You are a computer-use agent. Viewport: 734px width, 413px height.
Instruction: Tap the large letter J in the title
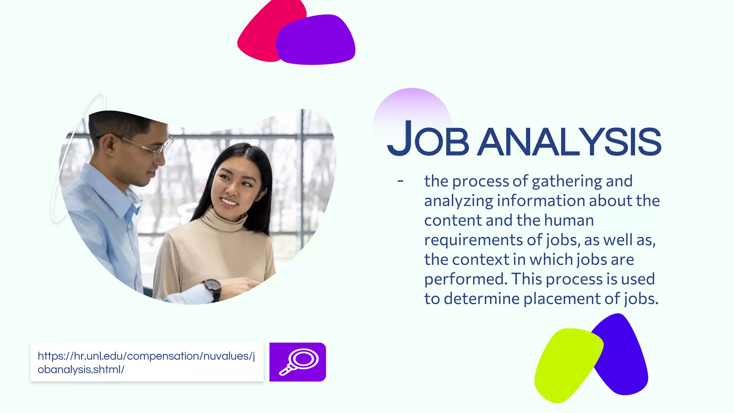(x=400, y=138)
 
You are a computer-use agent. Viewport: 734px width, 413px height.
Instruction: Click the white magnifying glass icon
(x=299, y=361)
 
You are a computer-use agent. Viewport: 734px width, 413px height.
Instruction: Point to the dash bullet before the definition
(x=400, y=181)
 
